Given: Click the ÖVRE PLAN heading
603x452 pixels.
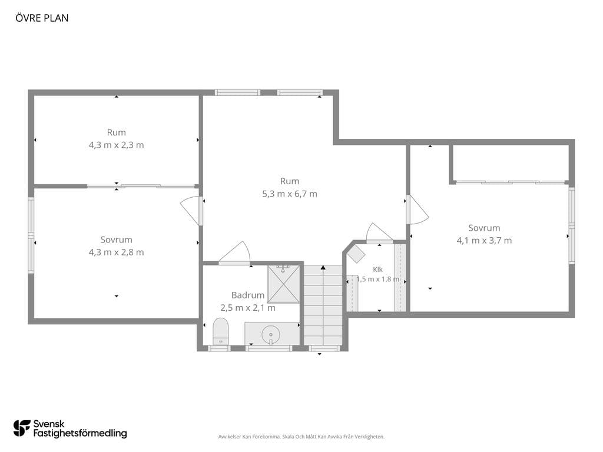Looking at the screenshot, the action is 42,18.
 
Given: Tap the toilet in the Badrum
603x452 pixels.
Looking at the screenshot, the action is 221,332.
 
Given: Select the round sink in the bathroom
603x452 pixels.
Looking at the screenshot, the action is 271,334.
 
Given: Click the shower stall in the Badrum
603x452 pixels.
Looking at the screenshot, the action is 283,284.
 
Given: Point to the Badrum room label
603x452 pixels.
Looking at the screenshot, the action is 248,295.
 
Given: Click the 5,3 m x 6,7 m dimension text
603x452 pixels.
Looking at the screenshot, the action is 290,194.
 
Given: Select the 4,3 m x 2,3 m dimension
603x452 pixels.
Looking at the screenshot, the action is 116,145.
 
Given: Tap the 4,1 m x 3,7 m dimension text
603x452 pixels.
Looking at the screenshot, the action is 484,241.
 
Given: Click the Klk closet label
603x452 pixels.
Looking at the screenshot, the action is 377,270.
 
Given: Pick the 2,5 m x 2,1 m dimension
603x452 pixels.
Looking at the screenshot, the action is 248,308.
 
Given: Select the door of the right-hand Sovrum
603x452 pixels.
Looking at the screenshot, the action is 417,210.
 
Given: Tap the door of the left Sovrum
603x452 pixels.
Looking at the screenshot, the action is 191,211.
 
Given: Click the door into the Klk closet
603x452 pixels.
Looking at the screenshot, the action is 379,233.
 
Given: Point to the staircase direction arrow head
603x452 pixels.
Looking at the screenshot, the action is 323,267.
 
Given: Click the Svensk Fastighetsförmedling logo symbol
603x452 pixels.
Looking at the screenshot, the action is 22,428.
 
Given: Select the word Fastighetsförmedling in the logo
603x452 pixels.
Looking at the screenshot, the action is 80,434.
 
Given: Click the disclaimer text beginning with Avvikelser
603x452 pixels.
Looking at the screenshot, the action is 301,437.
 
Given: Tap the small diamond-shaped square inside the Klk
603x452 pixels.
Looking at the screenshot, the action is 356,253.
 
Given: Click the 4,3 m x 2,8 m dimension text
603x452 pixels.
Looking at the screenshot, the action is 116,252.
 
